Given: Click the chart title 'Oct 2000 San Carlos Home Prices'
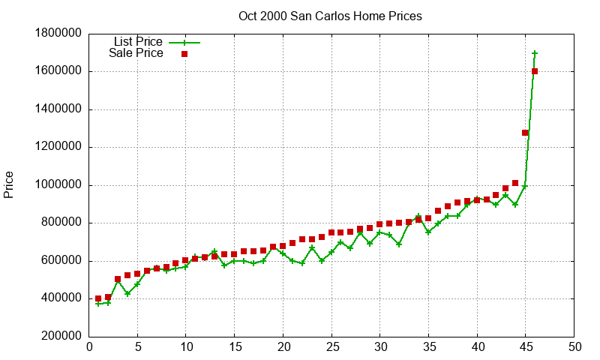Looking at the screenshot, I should (330, 16).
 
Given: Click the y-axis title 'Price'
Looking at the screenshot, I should (9, 184).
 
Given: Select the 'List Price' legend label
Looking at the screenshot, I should (138, 41).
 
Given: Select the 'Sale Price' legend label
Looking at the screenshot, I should (136, 53).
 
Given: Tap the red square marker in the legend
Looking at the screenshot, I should (184, 54).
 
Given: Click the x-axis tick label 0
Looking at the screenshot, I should (89, 347).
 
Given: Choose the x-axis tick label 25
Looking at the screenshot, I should (331, 347).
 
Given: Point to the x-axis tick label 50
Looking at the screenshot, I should (574, 347).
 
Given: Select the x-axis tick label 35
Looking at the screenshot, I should (429, 347).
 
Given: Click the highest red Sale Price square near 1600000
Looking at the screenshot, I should (535, 71).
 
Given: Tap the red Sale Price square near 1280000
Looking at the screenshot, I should (525, 133).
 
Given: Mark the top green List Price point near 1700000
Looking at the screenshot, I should (535, 53).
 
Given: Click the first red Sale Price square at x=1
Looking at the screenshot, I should (98, 298).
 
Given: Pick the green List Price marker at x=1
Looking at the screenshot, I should (98, 303).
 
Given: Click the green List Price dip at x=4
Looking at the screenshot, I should (127, 294).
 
